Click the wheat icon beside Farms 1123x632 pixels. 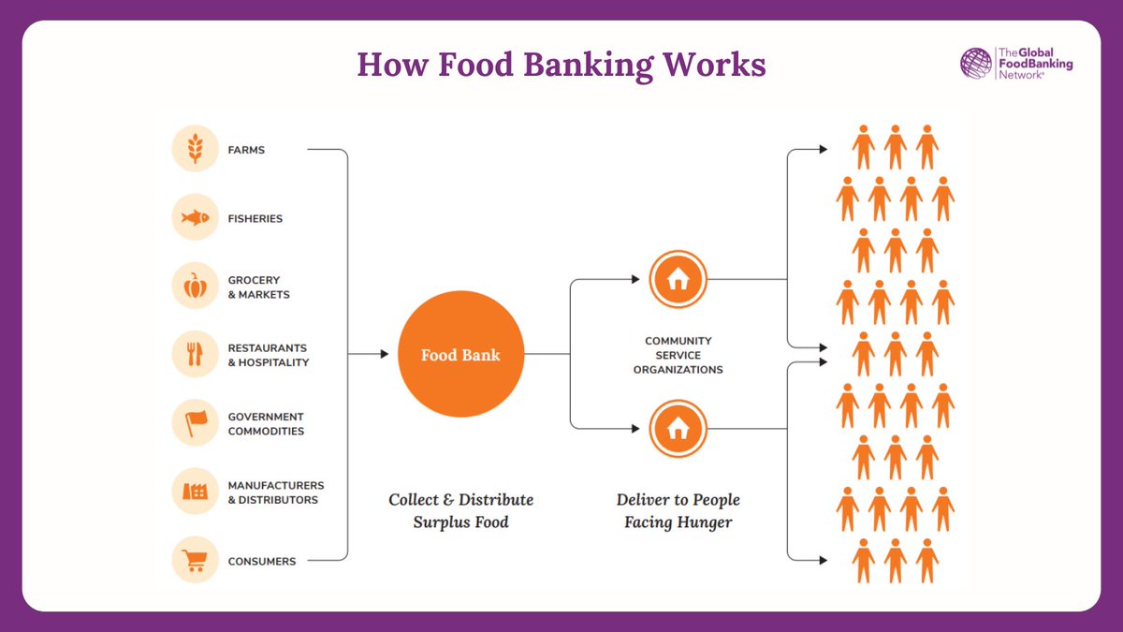pyautogui.click(x=195, y=150)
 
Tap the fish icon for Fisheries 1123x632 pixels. pyautogui.click(x=195, y=218)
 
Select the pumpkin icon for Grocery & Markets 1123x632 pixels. pyautogui.click(x=195, y=287)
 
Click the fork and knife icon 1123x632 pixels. pyautogui.click(x=195, y=355)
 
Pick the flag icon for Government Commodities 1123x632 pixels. pyautogui.click(x=195, y=423)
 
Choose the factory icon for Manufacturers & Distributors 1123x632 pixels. pyautogui.click(x=195, y=492)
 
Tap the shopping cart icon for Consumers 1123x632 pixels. pyautogui.click(x=195, y=561)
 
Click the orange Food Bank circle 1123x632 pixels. pyautogui.click(x=460, y=355)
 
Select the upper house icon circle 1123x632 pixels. pyautogui.click(x=678, y=279)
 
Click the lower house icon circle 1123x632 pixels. pyautogui.click(x=678, y=429)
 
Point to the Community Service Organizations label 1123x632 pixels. pyautogui.click(x=678, y=355)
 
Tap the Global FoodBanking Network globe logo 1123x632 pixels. pyautogui.click(x=975, y=64)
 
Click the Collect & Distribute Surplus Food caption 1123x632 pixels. pyautogui.click(x=460, y=510)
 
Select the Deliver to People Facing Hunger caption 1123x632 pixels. pyautogui.click(x=678, y=510)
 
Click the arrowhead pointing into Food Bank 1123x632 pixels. pyautogui.click(x=383, y=354)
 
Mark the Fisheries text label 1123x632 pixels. pyautogui.click(x=255, y=219)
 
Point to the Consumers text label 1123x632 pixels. pyautogui.click(x=261, y=562)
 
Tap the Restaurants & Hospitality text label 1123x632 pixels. pyautogui.click(x=268, y=355)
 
